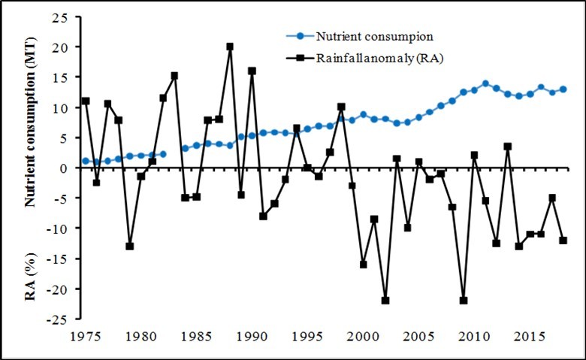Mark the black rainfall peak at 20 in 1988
tap(230, 47)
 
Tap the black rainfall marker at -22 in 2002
tap(385, 301)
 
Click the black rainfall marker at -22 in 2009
tap(464, 301)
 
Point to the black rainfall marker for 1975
tap(86, 101)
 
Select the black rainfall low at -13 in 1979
tap(130, 246)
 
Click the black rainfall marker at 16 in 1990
tap(252, 71)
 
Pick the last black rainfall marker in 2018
tap(563, 241)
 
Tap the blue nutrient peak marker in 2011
tap(485, 83)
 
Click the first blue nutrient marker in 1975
tap(86, 161)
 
